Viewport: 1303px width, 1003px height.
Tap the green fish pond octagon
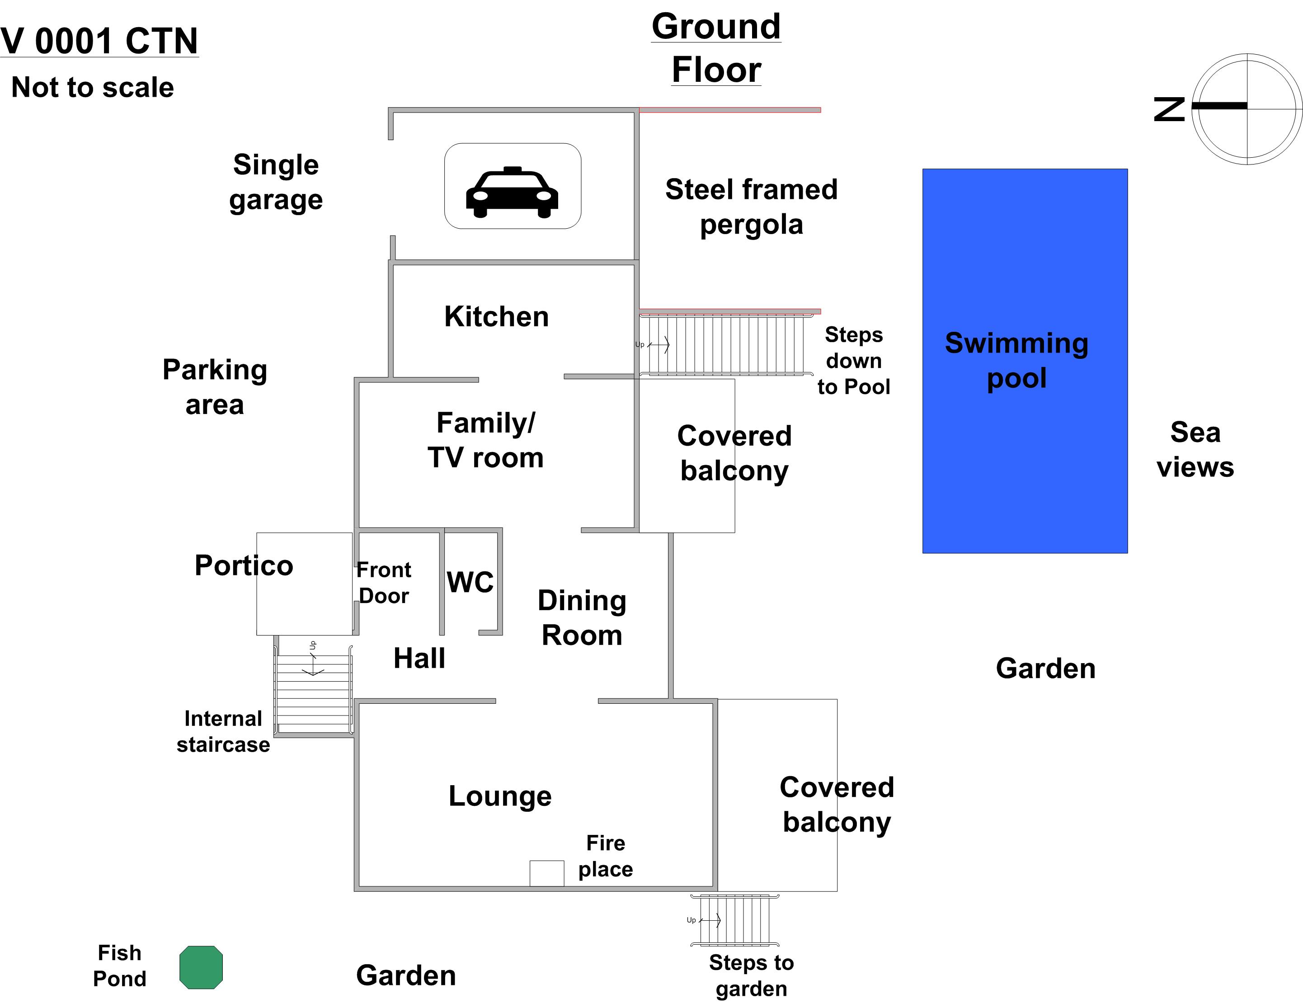tap(201, 967)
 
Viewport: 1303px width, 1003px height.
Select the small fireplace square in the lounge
tap(546, 873)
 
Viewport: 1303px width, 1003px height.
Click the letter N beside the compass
tap(1169, 109)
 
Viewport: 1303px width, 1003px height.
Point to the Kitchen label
tap(496, 316)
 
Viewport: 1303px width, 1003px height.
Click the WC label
tap(470, 582)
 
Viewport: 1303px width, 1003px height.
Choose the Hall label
tap(419, 659)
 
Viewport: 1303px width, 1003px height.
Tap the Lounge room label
tap(500, 796)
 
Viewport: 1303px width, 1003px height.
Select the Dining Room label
tap(582, 617)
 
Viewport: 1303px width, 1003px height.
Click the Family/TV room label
tap(486, 440)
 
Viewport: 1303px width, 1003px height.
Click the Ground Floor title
tap(716, 48)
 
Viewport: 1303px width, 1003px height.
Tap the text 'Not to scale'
tap(93, 88)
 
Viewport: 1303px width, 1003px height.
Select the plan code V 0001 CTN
tap(99, 41)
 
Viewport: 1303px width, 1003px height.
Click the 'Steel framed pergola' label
tap(751, 207)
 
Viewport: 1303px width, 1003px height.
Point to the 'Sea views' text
tap(1195, 449)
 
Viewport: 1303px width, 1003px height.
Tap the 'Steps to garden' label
tap(751, 975)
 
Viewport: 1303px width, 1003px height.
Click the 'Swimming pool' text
tap(1016, 360)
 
